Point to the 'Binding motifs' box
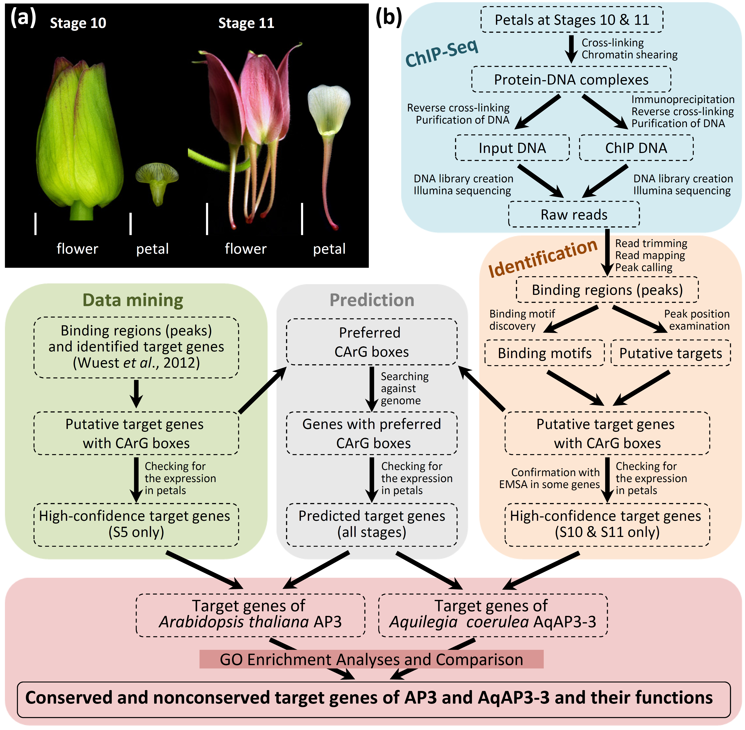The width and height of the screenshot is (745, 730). coord(544,353)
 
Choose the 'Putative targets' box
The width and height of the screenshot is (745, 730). coord(670,353)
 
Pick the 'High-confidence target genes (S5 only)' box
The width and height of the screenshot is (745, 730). coord(136,524)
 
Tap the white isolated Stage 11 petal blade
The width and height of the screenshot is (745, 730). coord(329,109)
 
